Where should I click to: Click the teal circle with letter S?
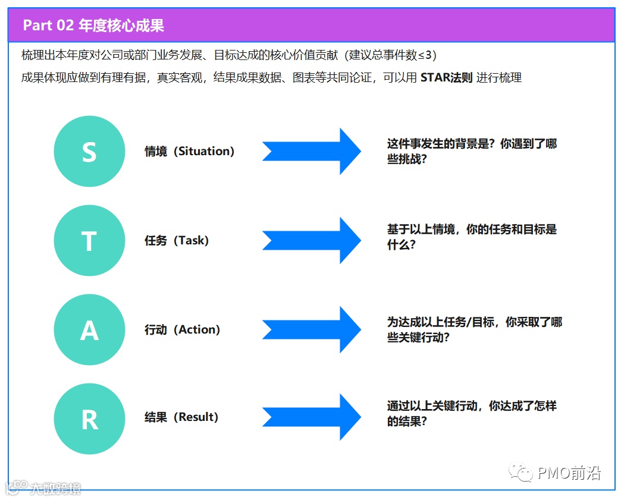click(89, 152)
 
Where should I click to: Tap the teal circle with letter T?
click(89, 240)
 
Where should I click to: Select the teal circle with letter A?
click(89, 329)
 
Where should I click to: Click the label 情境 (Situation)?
click(189, 152)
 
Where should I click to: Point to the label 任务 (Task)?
click(177, 241)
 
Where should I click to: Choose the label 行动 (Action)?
click(182, 329)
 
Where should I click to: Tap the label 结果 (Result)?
click(181, 417)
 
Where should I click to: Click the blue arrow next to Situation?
click(311, 152)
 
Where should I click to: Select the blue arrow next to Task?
click(311, 240)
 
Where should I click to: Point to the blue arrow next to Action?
click(311, 329)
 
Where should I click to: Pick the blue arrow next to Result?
click(311, 417)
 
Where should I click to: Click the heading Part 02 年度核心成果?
click(93, 26)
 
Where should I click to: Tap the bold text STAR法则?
click(446, 77)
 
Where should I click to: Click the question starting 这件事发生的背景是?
click(472, 152)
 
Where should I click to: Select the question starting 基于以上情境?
click(472, 237)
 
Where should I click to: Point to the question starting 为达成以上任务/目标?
click(474, 329)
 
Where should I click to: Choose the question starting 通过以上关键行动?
click(472, 414)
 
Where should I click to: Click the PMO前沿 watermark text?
click(569, 473)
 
